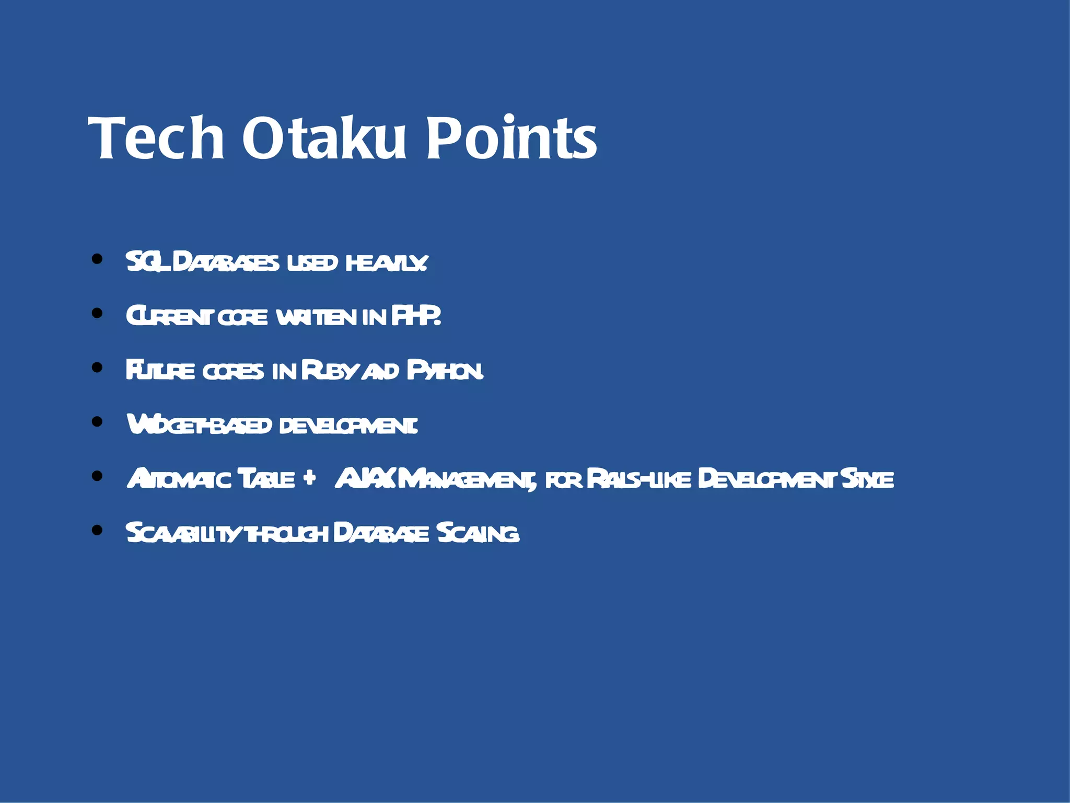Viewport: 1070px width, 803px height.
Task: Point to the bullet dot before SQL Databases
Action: coord(97,259)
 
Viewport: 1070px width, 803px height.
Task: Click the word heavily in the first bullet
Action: coord(387,262)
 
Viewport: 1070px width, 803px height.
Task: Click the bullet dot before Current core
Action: coord(97,313)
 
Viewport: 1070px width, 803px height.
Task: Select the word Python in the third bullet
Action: coord(445,371)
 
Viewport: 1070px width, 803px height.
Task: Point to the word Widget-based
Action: coord(199,425)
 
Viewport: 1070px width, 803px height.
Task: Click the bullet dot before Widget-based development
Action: coord(97,421)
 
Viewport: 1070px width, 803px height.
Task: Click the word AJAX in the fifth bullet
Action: coord(366,478)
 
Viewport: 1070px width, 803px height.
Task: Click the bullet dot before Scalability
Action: coord(97,530)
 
